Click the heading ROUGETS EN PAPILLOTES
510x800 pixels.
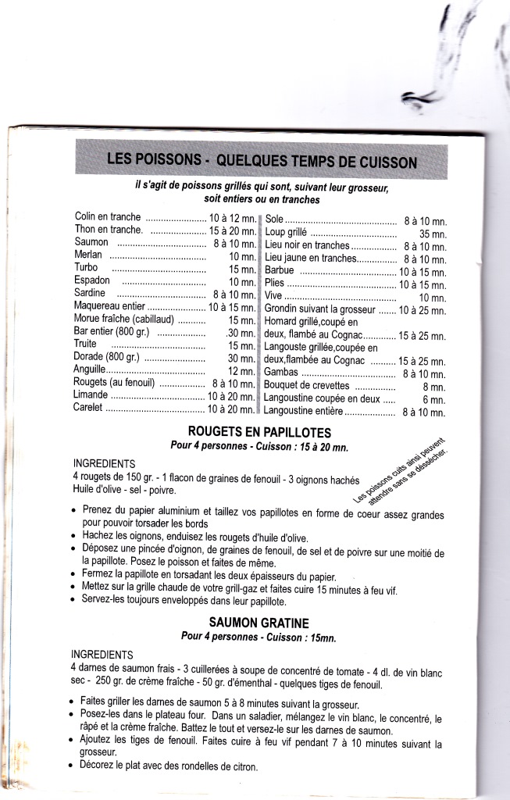click(260, 432)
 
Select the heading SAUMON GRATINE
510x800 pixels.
click(260, 623)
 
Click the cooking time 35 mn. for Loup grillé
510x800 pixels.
click(432, 234)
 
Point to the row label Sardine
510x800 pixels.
click(90, 293)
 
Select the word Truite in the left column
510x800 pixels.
click(86, 344)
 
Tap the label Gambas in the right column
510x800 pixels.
click(281, 373)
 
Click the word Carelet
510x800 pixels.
click(89, 409)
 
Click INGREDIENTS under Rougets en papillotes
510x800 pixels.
click(104, 463)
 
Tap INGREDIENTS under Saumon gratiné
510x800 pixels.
click(102, 654)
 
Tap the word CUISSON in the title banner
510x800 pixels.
click(373, 162)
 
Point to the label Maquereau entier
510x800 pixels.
click(110, 306)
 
